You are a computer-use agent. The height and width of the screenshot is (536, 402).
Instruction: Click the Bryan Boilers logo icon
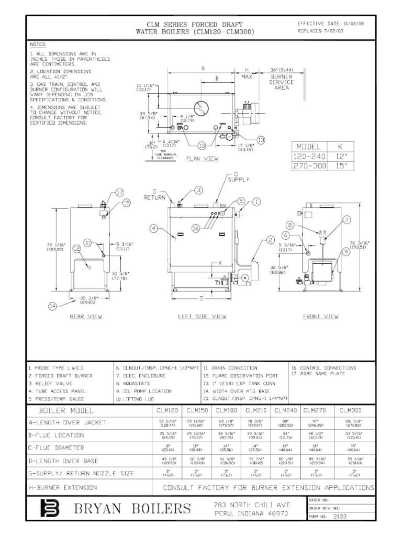pyautogui.click(x=52, y=508)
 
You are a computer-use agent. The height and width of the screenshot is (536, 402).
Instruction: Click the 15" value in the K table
pyautogui.click(x=341, y=166)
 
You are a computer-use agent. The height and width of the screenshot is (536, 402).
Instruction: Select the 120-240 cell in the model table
pyautogui.click(x=311, y=157)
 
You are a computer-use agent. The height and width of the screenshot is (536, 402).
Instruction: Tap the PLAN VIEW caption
pyautogui.click(x=203, y=158)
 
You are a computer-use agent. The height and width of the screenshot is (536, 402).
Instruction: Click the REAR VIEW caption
pyautogui.click(x=86, y=317)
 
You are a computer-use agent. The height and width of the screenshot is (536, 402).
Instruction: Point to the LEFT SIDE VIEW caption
pyautogui.click(x=202, y=317)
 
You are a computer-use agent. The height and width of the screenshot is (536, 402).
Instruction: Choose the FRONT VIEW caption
pyautogui.click(x=321, y=317)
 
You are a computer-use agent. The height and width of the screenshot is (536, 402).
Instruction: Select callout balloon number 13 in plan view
pyautogui.click(x=261, y=139)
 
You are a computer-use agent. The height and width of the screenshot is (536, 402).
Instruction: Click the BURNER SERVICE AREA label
pyautogui.click(x=282, y=82)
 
